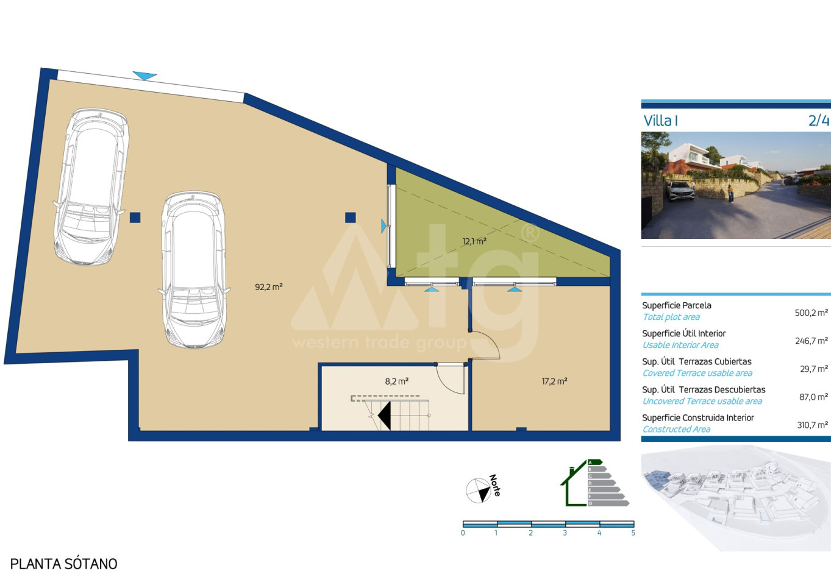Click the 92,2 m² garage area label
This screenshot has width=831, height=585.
(x=269, y=287)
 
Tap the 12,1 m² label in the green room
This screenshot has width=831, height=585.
(x=474, y=241)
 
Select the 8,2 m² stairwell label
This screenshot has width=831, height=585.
(x=396, y=381)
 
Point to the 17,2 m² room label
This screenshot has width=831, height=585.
(x=554, y=381)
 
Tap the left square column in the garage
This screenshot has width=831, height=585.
(x=135, y=218)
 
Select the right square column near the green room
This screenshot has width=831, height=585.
(x=350, y=218)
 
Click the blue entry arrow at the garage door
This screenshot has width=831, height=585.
(x=144, y=76)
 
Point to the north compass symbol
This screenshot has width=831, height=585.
(x=479, y=491)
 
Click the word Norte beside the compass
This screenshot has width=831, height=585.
(x=495, y=485)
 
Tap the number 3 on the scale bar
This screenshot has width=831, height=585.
(x=565, y=533)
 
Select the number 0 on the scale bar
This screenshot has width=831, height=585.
(x=463, y=533)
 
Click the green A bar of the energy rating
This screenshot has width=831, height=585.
(x=595, y=462)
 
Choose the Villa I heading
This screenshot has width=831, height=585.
(x=661, y=121)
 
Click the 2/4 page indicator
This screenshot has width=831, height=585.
(x=818, y=121)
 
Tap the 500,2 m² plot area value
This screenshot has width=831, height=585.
(x=811, y=313)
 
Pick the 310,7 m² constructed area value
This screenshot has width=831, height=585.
(x=813, y=425)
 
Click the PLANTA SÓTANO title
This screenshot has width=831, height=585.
(x=64, y=564)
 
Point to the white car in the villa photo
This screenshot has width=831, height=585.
(x=682, y=191)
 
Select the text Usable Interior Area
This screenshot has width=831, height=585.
(x=680, y=345)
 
